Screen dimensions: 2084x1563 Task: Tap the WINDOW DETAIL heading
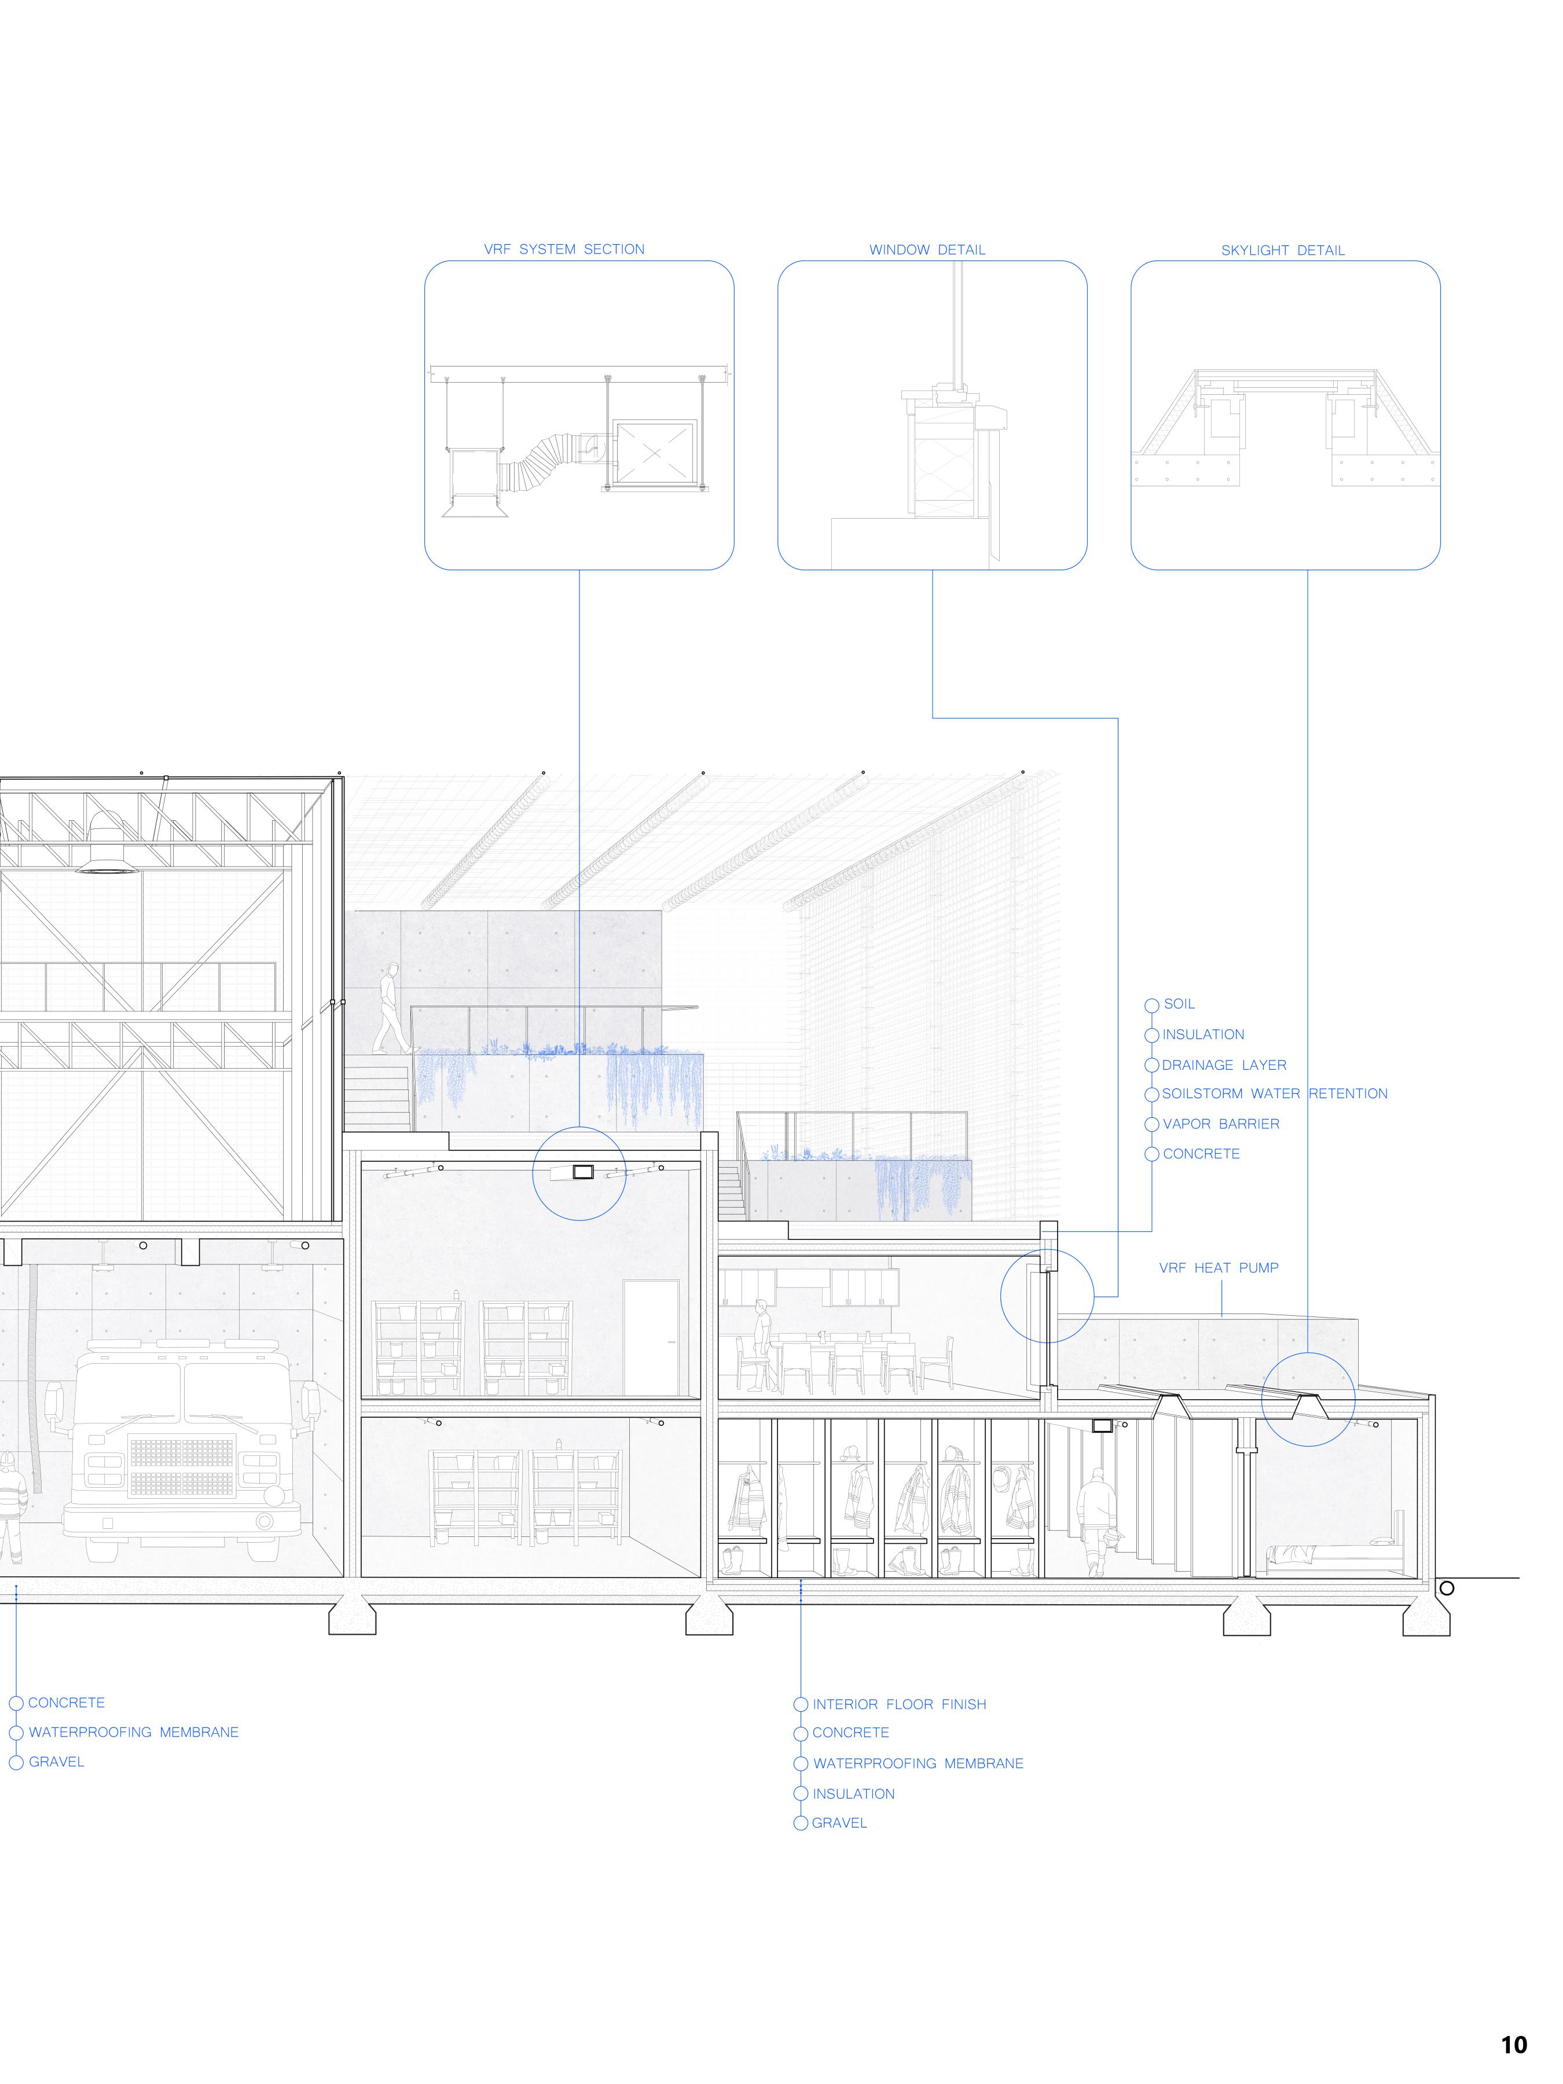point(927,250)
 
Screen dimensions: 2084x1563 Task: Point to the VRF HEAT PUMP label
point(1218,1268)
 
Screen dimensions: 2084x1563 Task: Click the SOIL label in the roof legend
point(1179,1004)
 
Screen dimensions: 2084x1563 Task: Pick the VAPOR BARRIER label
point(1221,1124)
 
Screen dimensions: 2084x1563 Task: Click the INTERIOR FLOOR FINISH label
point(899,1704)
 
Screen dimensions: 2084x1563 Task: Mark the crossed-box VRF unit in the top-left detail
point(656,453)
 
